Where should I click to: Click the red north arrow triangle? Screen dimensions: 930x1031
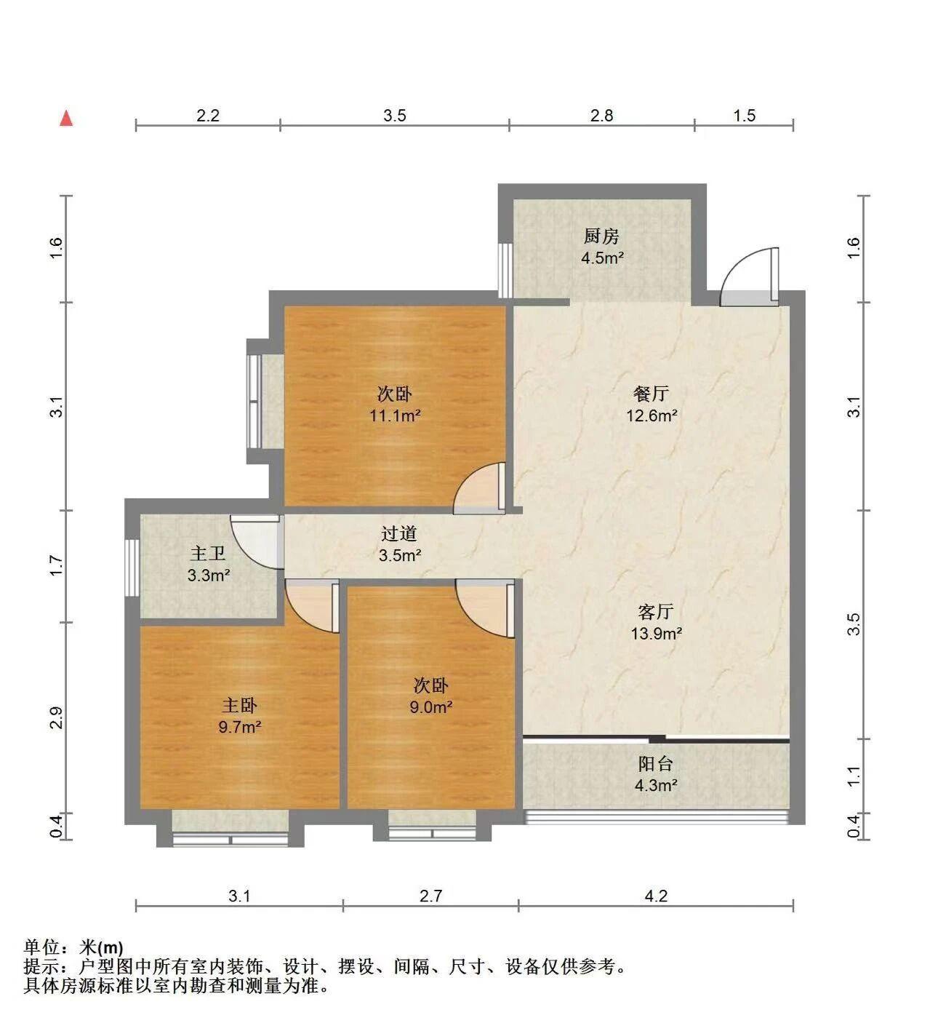click(66, 118)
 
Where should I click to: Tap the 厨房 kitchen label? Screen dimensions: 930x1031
click(601, 236)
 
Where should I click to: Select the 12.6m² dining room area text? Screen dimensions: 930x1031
click(652, 415)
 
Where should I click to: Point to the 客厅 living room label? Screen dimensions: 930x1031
click(656, 612)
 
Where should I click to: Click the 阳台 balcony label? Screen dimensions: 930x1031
click(656, 764)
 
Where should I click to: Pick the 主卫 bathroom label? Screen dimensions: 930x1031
click(207, 554)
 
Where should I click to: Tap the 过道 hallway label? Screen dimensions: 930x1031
click(398, 533)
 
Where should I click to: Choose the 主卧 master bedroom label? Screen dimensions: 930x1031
click(239, 705)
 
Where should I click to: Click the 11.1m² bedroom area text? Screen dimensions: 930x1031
click(395, 415)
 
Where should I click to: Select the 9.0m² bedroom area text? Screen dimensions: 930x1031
click(431, 707)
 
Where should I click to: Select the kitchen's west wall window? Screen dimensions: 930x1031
click(506, 271)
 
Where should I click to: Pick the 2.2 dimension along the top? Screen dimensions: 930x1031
click(207, 116)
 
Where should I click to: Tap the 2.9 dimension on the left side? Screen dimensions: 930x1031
click(56, 718)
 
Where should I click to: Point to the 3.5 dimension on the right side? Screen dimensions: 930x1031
click(854, 624)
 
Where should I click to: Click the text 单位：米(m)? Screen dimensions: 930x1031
click(73, 947)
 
